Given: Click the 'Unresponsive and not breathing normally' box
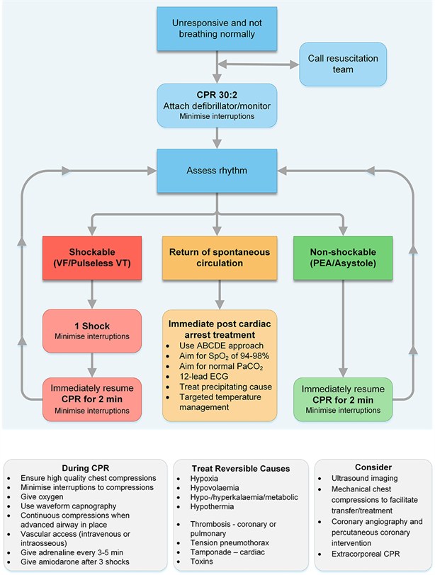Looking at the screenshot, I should click(216, 30).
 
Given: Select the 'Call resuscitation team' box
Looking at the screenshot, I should click(342, 64).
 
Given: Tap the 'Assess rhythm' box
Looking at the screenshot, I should click(216, 171).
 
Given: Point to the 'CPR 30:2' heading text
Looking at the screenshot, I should click(216, 95).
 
